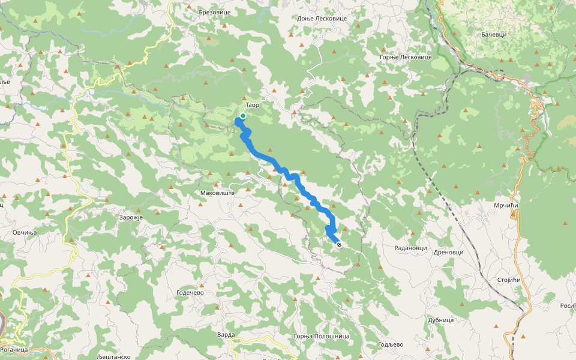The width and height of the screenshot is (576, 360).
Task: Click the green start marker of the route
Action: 242,116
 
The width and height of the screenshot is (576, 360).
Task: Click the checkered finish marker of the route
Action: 339,245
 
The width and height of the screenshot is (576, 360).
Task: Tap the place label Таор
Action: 252,104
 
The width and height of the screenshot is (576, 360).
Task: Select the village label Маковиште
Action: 216,194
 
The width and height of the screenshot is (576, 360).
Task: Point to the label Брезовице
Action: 214,12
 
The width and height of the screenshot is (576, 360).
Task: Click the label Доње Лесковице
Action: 322,19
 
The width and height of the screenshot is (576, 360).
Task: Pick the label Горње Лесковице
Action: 406,57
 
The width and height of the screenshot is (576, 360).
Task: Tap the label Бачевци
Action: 494,34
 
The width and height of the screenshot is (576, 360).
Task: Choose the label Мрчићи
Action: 506,206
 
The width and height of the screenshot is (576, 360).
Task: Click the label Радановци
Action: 410,248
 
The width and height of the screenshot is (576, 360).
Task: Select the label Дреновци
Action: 448,253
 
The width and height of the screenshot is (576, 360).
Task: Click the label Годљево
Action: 391,344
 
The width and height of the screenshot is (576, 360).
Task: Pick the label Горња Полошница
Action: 322,337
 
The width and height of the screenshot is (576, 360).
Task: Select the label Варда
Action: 226,334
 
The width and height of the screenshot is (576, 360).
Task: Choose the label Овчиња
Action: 25,232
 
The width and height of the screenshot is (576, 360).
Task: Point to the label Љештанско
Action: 113,356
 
